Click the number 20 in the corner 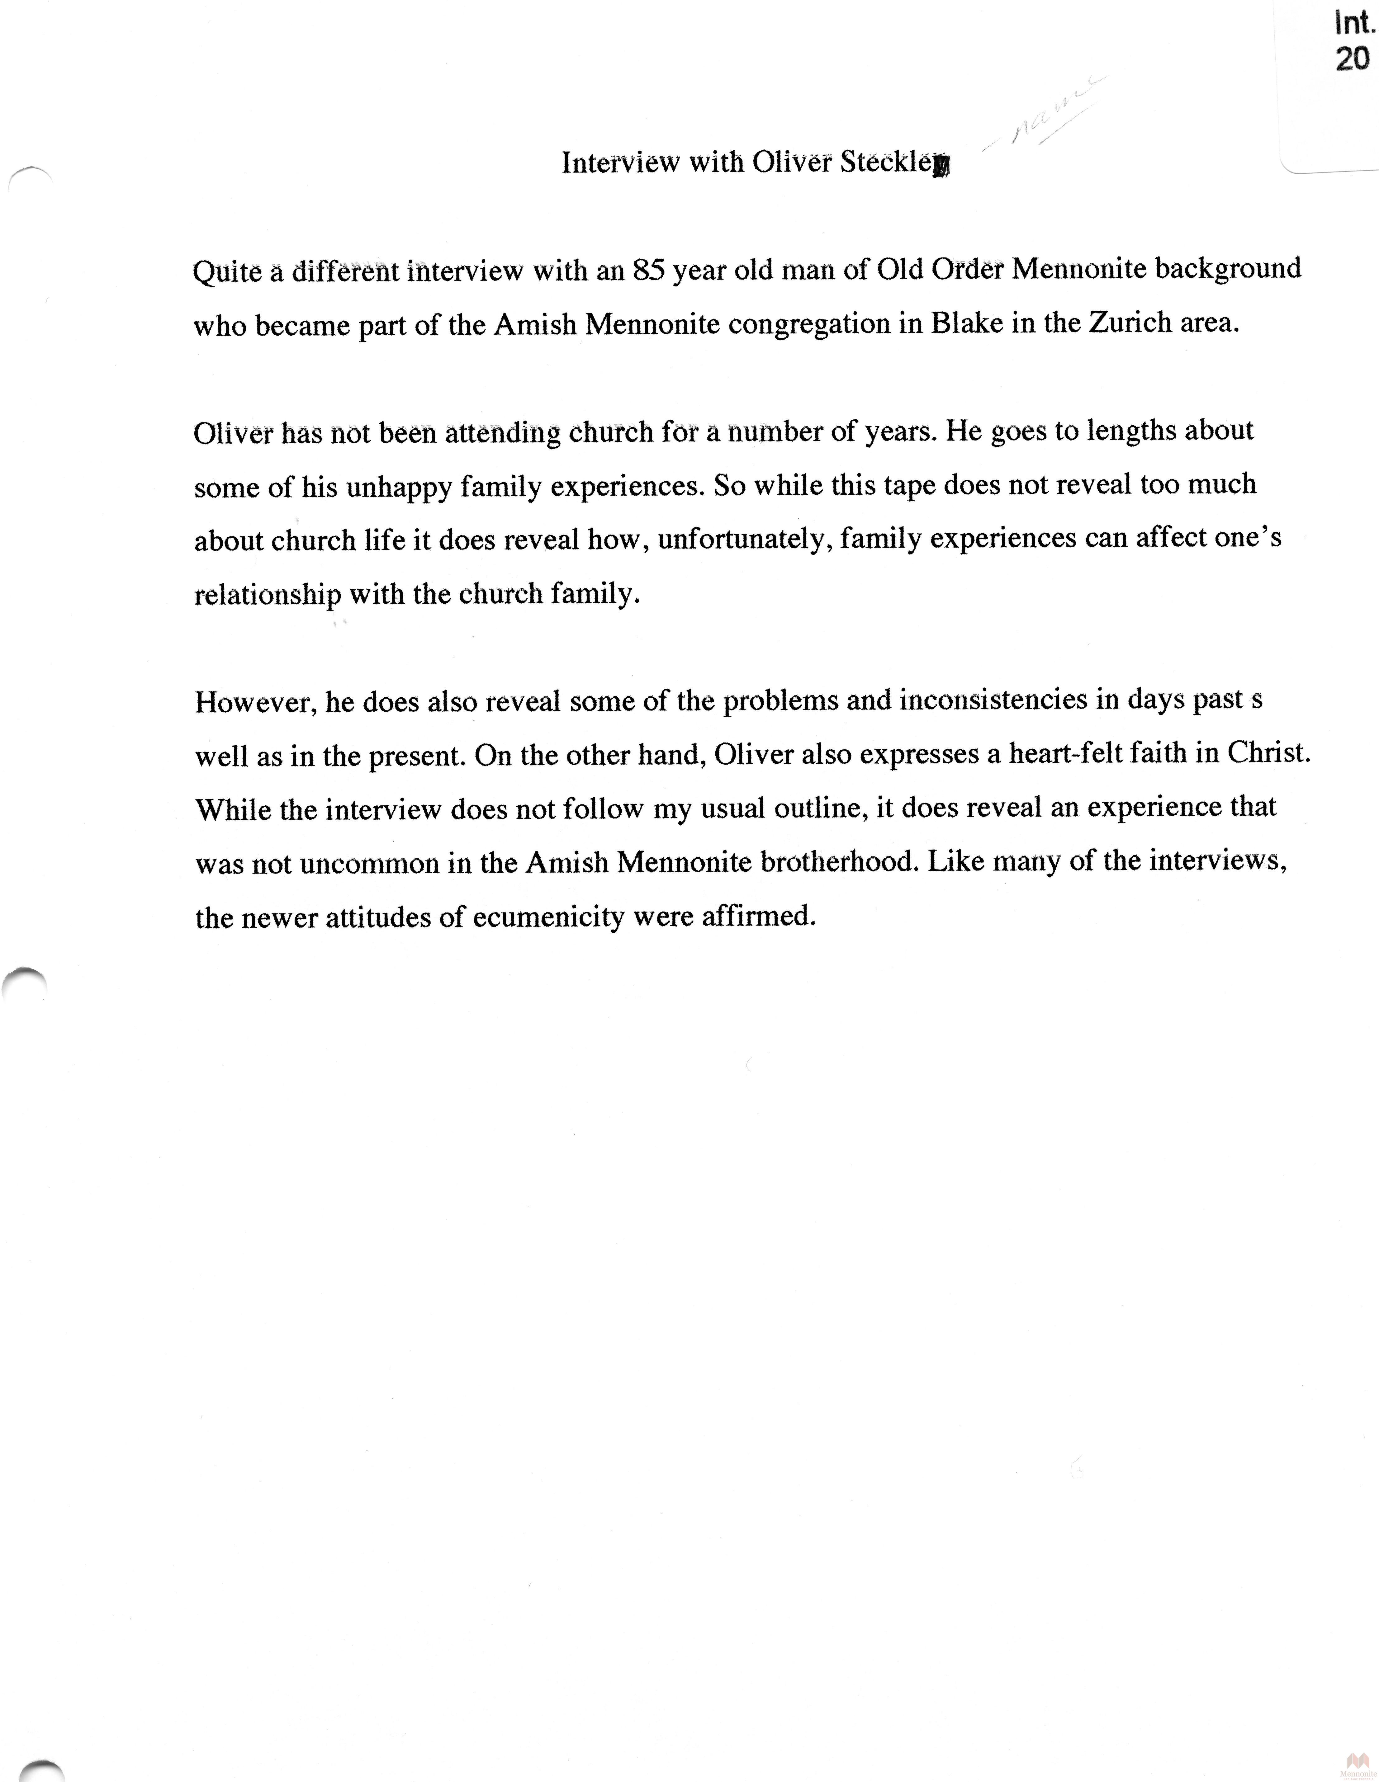(x=1352, y=59)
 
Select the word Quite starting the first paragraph (x=227, y=271)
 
